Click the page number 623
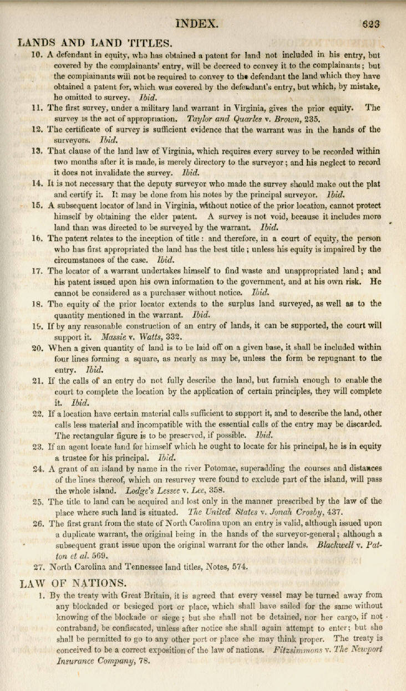[x=370, y=24]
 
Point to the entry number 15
[x=37, y=205]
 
